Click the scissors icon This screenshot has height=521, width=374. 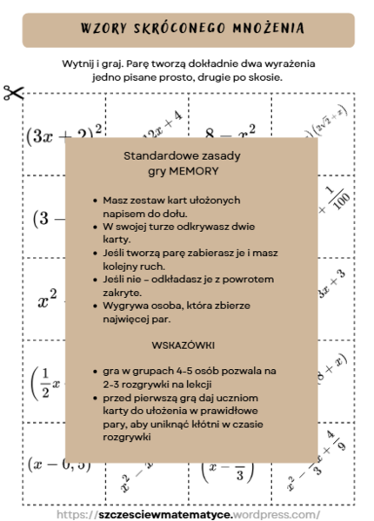click(13, 93)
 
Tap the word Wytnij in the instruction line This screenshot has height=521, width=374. click(80, 65)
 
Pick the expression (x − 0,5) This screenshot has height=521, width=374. click(58, 464)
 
